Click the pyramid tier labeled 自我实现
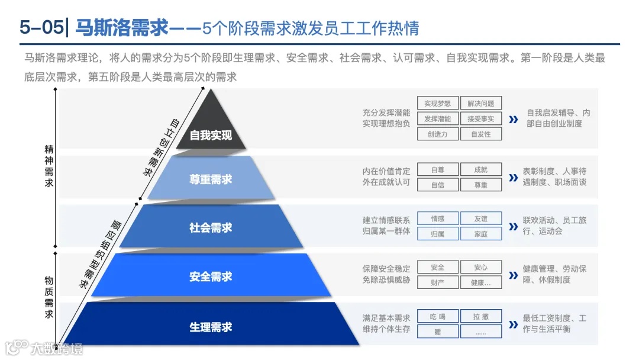tap(211, 135)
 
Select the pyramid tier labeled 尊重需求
tap(211, 179)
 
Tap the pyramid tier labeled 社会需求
tap(211, 227)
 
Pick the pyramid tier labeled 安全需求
tap(211, 276)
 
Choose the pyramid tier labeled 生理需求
tap(211, 326)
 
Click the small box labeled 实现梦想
tap(437, 104)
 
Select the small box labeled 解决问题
tap(480, 104)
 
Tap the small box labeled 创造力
tap(437, 134)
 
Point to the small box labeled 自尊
tap(437, 170)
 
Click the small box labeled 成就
tap(480, 170)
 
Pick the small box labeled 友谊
tap(480, 218)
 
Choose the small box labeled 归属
tap(437, 234)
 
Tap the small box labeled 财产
tap(437, 282)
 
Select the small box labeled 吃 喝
tap(437, 317)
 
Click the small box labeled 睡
tap(437, 332)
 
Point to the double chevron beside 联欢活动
tap(513, 227)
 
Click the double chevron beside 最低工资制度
tap(513, 325)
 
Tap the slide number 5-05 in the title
tap(40, 27)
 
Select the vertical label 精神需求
tap(49, 166)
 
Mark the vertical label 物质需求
tap(49, 297)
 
